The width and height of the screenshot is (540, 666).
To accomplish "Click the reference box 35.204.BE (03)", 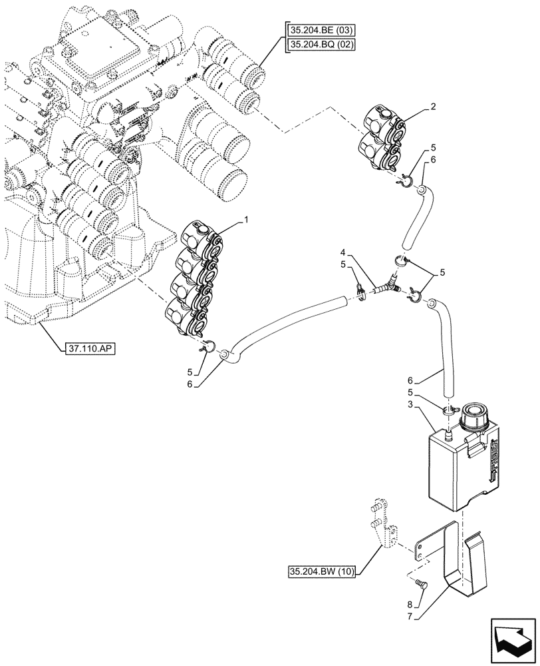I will point(321,30).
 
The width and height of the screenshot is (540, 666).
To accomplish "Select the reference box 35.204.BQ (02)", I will point(321,45).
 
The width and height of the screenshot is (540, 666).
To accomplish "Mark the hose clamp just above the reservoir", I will point(449,412).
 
